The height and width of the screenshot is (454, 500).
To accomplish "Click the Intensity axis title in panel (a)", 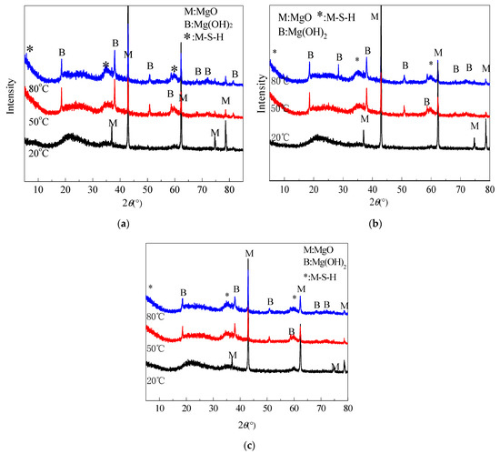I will click(x=8, y=83).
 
